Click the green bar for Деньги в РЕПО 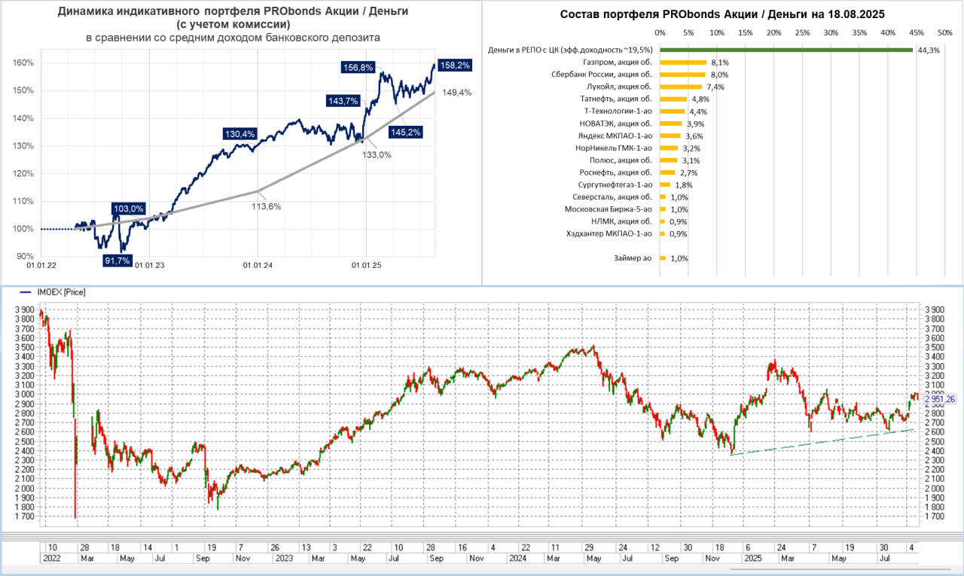[786, 50]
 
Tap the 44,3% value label [926, 50]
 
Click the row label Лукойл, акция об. [618, 87]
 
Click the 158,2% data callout [455, 66]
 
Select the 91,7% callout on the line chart [117, 261]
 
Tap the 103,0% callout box [128, 209]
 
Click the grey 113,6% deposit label [266, 206]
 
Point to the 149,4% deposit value [456, 93]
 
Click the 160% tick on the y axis [24, 62]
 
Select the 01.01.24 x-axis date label [258, 265]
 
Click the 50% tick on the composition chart [944, 32]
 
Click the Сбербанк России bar [682, 75]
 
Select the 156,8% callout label [358, 67]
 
